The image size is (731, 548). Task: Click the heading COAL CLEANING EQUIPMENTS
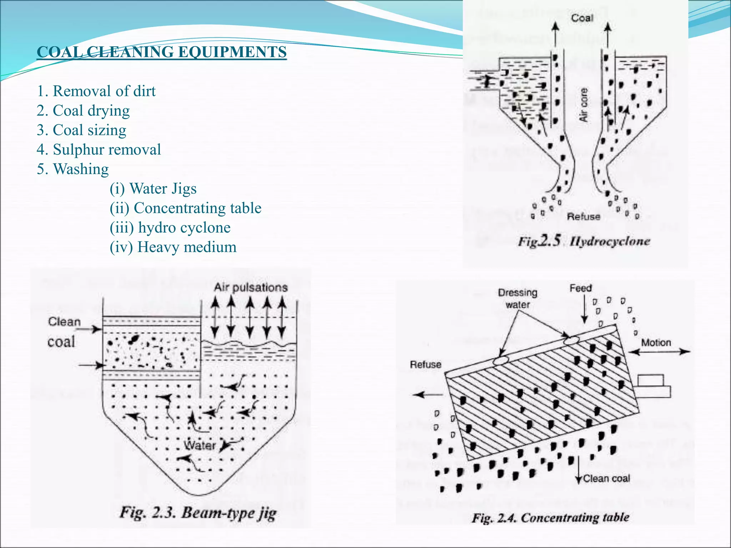pyautogui.click(x=161, y=52)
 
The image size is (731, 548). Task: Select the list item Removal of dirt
pyautogui.click(x=96, y=91)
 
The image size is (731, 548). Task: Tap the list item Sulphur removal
pyautogui.click(x=99, y=149)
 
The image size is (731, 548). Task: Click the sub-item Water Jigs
pyautogui.click(x=153, y=188)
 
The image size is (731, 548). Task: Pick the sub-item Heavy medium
pyautogui.click(x=173, y=247)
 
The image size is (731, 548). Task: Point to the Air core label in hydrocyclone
pyautogui.click(x=583, y=105)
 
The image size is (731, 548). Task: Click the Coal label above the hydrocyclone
pyautogui.click(x=582, y=18)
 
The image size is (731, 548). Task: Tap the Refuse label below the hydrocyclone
pyautogui.click(x=584, y=217)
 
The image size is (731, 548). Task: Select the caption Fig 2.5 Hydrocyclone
pyautogui.click(x=584, y=241)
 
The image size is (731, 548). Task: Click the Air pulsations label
pyautogui.click(x=251, y=287)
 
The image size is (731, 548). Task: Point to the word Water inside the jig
pyautogui.click(x=200, y=445)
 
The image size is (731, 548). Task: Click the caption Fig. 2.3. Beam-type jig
pyautogui.click(x=198, y=513)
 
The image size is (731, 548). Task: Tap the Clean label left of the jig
pyautogui.click(x=64, y=322)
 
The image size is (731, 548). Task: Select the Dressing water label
pyautogui.click(x=518, y=298)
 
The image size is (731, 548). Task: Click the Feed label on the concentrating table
pyautogui.click(x=581, y=288)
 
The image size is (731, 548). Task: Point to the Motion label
pyautogui.click(x=656, y=342)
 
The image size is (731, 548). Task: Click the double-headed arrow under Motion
pyautogui.click(x=659, y=352)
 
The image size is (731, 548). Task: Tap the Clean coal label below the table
pyautogui.click(x=606, y=478)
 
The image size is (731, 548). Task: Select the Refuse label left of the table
pyautogui.click(x=425, y=365)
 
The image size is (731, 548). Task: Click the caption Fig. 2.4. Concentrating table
pyautogui.click(x=550, y=518)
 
